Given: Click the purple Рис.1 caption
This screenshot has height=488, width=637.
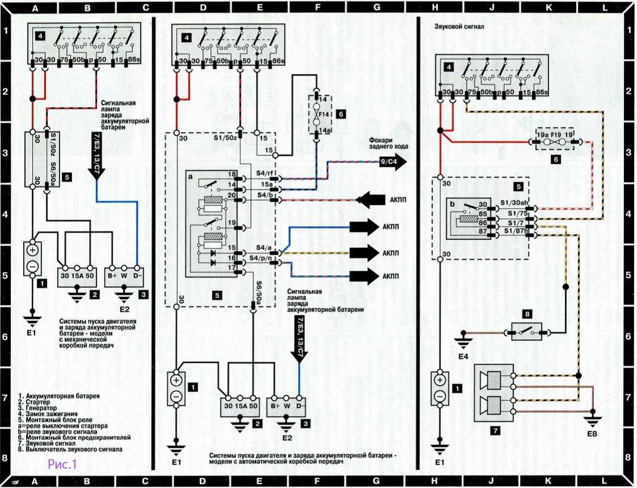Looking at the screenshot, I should [62, 465].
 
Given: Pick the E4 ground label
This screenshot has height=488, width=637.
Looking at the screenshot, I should [464, 358].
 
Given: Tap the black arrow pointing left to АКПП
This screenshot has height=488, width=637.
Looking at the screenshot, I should [370, 200].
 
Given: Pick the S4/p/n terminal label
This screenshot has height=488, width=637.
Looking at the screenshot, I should [264, 258].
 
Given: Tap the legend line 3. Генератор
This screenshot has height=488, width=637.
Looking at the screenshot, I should [35, 408].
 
